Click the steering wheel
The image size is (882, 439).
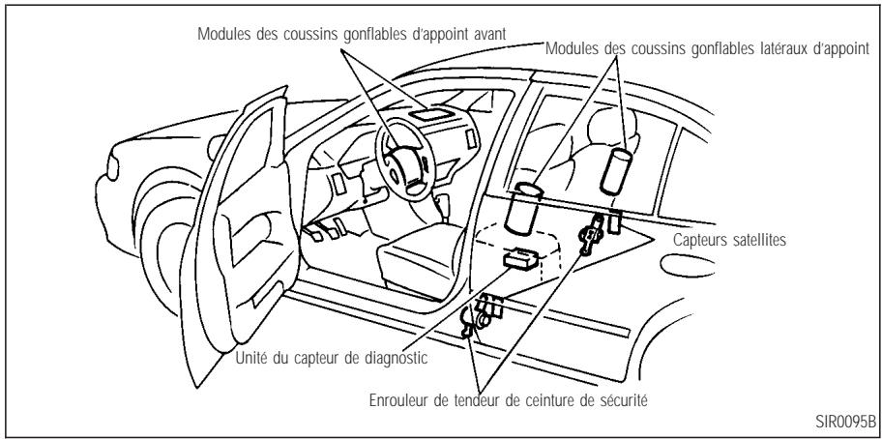click(396, 155)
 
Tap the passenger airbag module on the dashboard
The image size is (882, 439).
click(433, 115)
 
